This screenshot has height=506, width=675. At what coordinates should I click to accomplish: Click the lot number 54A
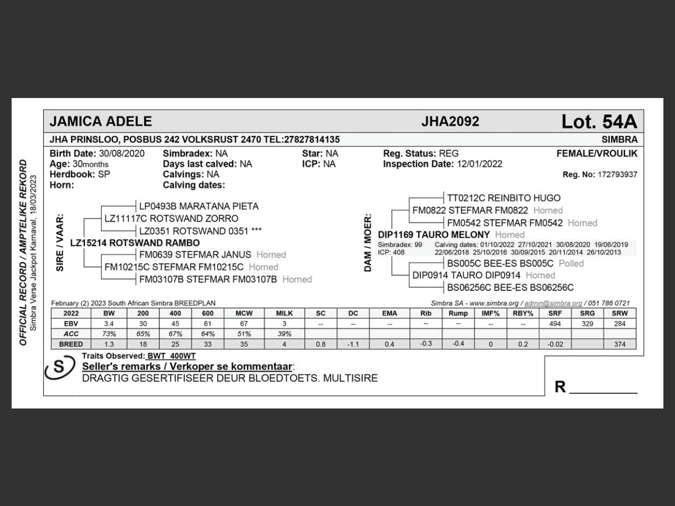pos(599,122)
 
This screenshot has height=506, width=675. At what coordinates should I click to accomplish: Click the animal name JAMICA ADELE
pos(101,122)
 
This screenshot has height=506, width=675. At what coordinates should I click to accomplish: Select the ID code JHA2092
pos(450,122)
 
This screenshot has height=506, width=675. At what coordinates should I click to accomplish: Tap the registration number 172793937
pos(617,174)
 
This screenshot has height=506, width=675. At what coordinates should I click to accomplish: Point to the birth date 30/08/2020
pos(121,153)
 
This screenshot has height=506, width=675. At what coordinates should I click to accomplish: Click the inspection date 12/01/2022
pos(479,164)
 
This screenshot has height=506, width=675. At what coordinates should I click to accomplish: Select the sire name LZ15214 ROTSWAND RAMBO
pos(135,243)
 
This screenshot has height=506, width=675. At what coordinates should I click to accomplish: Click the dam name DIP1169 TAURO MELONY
pos(434,235)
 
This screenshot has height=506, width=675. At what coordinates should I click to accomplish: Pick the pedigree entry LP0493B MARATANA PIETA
pos(199,206)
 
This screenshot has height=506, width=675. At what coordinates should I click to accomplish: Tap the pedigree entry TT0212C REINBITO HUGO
pos(504,198)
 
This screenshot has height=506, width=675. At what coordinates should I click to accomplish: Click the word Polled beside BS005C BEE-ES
pos(571,263)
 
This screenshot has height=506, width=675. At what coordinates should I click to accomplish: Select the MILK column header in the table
pos(284,313)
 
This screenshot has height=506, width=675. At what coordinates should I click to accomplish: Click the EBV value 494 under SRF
pos(555,324)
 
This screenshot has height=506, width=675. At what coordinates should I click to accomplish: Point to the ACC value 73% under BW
pos(109,334)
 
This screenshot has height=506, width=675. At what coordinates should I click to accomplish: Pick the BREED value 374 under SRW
pos(620,344)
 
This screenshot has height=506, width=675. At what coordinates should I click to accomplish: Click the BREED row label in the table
pos(71,344)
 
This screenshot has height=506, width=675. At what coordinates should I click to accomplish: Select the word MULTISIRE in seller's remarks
pos(350,378)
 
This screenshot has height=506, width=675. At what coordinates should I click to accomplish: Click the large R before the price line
pos(560,387)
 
